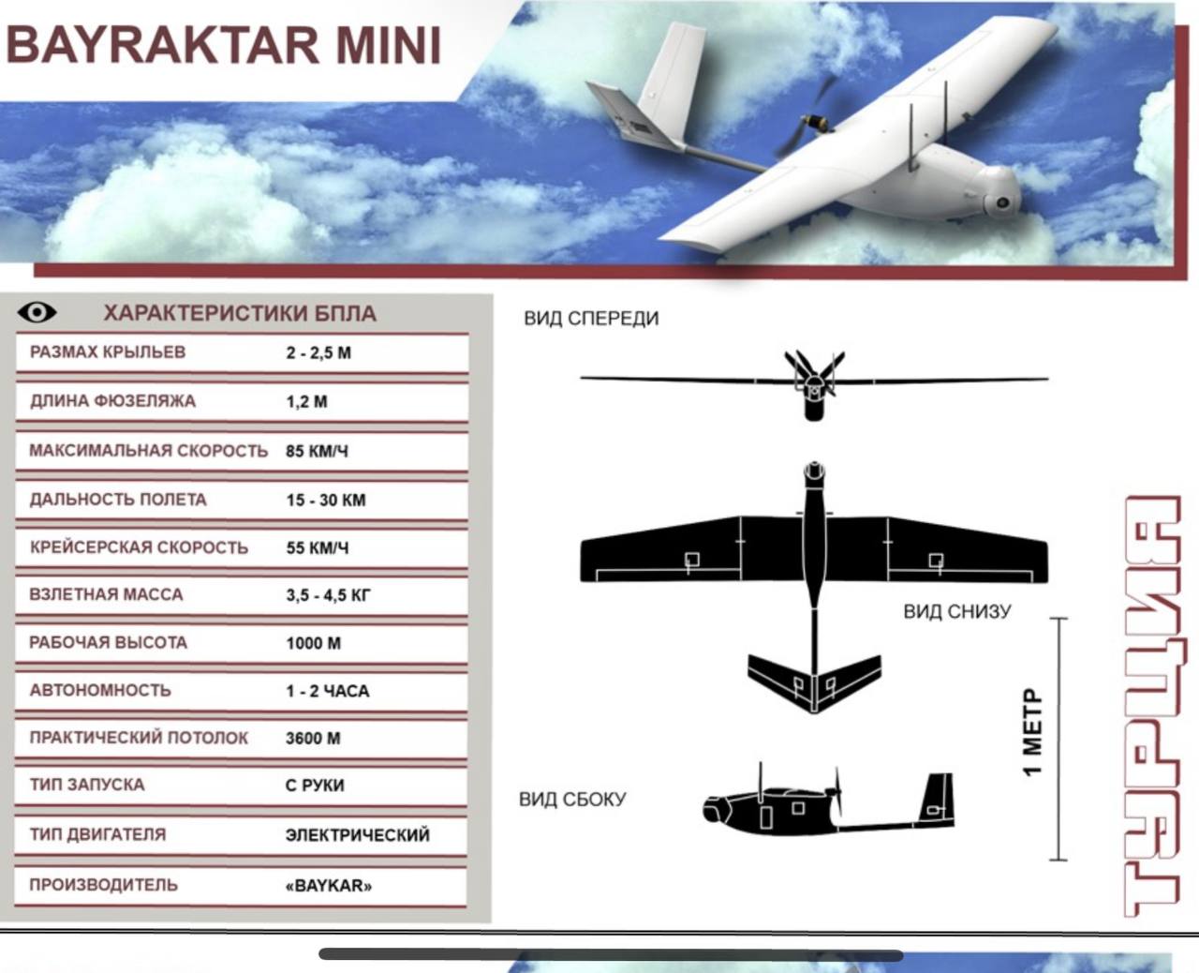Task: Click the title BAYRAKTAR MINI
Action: point(224,45)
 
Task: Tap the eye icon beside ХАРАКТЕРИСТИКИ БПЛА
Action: point(37,312)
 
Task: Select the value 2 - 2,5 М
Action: point(318,352)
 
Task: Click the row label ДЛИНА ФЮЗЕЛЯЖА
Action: point(112,401)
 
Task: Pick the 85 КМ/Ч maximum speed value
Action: point(317,451)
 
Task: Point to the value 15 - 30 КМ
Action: point(326,500)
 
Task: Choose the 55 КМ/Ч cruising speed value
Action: point(317,547)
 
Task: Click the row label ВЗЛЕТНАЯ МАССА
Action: point(106,594)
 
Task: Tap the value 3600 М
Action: point(313,738)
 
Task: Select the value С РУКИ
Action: point(315,785)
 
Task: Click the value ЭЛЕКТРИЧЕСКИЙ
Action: point(358,834)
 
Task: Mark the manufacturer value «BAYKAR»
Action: point(329,886)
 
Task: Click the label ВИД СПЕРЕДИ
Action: point(591,319)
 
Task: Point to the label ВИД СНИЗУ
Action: point(957,611)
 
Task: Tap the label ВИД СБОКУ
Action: point(572,799)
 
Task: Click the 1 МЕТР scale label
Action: point(1031,732)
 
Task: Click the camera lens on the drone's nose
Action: point(1002,202)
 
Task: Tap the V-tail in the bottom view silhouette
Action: point(815,681)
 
